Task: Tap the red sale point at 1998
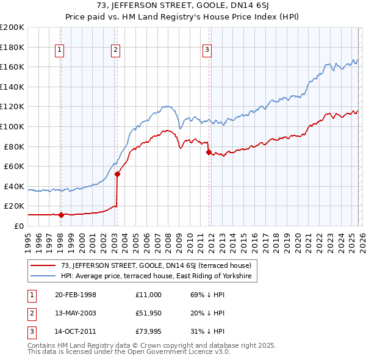point(61,215)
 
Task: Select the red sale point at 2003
point(117,174)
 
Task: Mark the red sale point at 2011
point(209,152)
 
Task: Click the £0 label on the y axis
point(20,226)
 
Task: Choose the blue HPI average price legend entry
point(159,276)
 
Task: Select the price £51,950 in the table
point(149,313)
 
